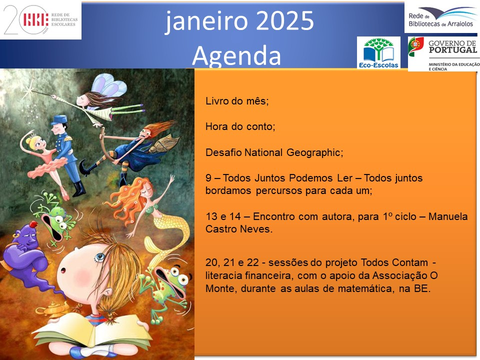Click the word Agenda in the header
point(236,55)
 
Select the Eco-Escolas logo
point(378,52)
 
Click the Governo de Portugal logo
point(443,54)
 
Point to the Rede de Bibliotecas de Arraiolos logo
point(441,17)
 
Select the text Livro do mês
point(236,101)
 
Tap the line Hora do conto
point(240,126)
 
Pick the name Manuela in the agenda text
point(448,216)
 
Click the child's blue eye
point(99,257)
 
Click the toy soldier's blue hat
point(59,119)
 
